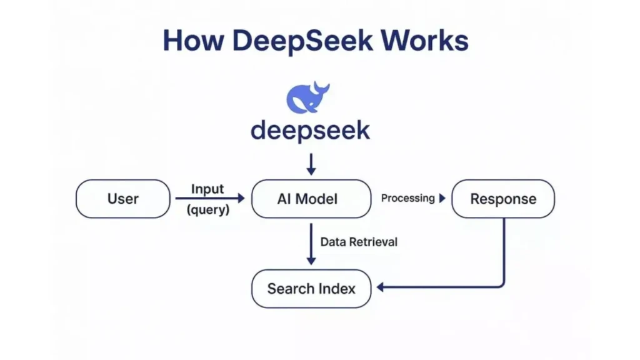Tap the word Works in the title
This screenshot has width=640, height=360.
pyautogui.click(x=425, y=41)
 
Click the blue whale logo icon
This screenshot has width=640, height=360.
pyautogui.click(x=307, y=97)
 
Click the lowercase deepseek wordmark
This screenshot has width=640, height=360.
pyautogui.click(x=310, y=131)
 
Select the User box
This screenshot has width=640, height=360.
pyautogui.click(x=122, y=199)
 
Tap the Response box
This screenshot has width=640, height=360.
pyautogui.click(x=502, y=199)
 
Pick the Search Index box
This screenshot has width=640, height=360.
pyautogui.click(x=311, y=289)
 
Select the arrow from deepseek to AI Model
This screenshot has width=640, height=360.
pyautogui.click(x=311, y=164)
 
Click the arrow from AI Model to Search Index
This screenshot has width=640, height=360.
pyautogui.click(x=311, y=244)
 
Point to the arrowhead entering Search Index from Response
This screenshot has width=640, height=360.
pyautogui.click(x=381, y=287)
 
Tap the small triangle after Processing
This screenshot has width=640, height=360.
pyautogui.click(x=442, y=199)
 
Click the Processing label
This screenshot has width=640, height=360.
pyautogui.click(x=407, y=198)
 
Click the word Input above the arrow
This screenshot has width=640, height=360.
pyautogui.click(x=207, y=189)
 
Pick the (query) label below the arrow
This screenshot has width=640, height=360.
pyautogui.click(x=208, y=211)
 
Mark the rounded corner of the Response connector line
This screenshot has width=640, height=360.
pyautogui.click(x=501, y=284)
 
